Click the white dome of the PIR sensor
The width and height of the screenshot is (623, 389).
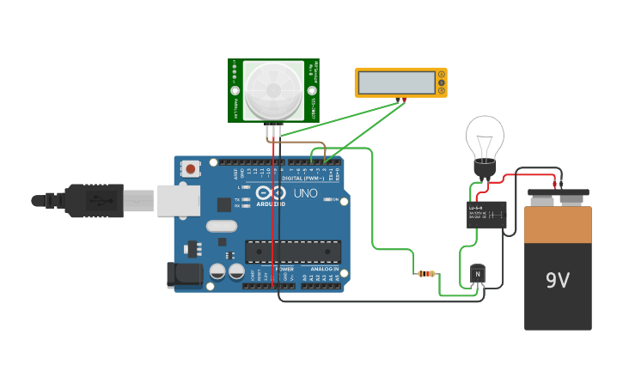[273, 90]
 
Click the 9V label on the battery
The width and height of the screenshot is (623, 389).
[558, 280]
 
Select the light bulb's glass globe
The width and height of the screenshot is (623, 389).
[486, 137]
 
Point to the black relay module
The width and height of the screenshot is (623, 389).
[486, 214]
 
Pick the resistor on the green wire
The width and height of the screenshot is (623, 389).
[426, 274]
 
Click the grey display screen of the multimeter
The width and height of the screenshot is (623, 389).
[397, 82]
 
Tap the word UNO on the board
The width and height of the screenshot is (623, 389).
[306, 194]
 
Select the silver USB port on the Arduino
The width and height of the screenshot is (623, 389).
[179, 200]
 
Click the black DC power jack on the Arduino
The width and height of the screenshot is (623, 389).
[184, 275]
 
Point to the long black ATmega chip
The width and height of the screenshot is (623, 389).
[292, 251]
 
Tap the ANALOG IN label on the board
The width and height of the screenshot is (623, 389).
[325, 269]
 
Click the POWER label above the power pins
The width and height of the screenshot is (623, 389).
[284, 269]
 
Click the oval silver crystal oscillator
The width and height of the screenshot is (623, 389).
[221, 227]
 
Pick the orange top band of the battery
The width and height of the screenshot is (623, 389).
[559, 224]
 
